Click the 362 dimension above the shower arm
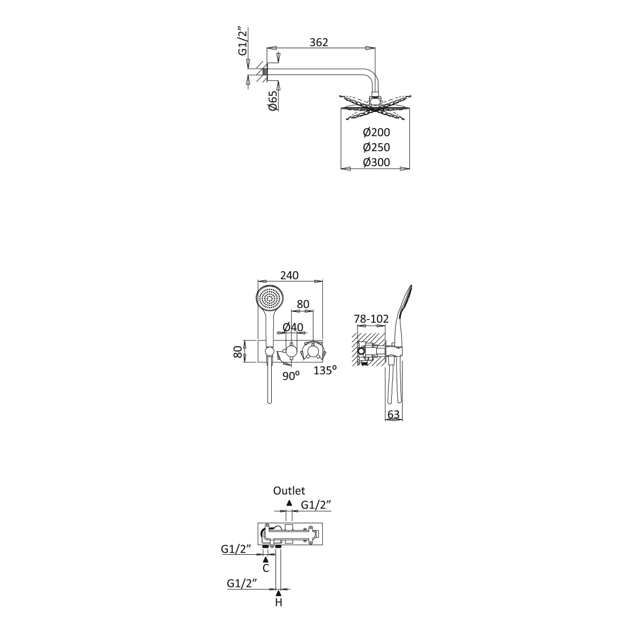pyautogui.click(x=318, y=42)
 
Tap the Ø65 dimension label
pyautogui.click(x=273, y=101)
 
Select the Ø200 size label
pyautogui.click(x=376, y=132)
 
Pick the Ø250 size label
pyautogui.click(x=376, y=147)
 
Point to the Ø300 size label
pyautogui.click(x=376, y=162)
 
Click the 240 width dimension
pyautogui.click(x=289, y=275)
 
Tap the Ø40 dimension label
pyautogui.click(x=293, y=327)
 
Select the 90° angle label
pyautogui.click(x=291, y=376)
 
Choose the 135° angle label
pyautogui.click(x=325, y=370)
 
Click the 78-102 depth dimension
pyautogui.click(x=371, y=319)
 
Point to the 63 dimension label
pyautogui.click(x=393, y=414)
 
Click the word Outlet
pyautogui.click(x=289, y=490)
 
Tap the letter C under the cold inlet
pyautogui.click(x=266, y=568)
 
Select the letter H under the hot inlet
pyautogui.click(x=279, y=603)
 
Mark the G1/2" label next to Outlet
pyautogui.click(x=316, y=504)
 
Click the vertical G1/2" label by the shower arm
pyautogui.click(x=242, y=41)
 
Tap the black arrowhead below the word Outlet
pyautogui.click(x=289, y=503)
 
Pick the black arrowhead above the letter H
pyautogui.click(x=279, y=593)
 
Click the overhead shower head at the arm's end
pyautogui.click(x=375, y=107)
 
